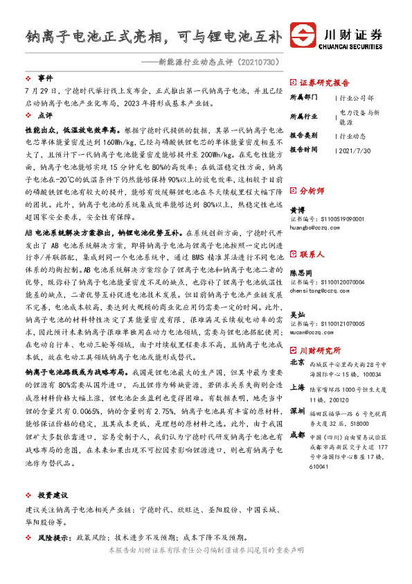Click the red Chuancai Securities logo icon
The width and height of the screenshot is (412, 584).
coord(304,36)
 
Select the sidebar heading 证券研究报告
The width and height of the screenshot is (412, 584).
coord(325,81)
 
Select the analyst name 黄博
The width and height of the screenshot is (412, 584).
coord(296,209)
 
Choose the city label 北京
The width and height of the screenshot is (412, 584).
coord(297,362)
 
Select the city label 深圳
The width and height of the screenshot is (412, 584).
coord(297,411)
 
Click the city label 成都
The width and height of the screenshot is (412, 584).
coord(297,435)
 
